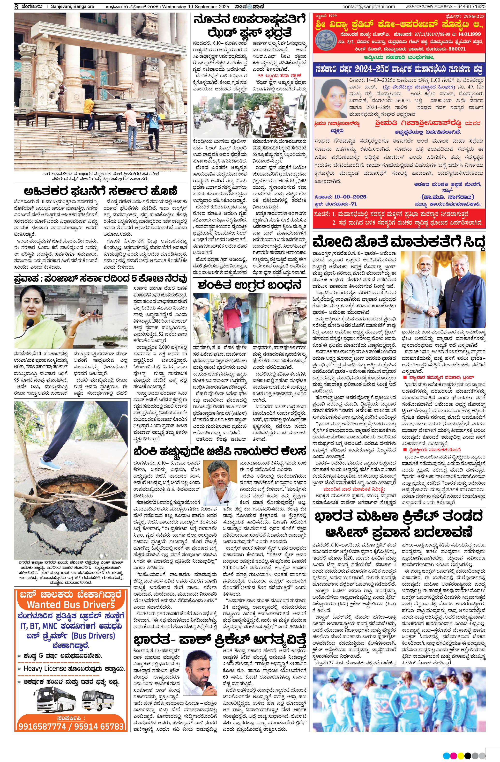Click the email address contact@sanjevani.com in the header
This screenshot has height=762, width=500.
pyautogui.click(x=368, y=6)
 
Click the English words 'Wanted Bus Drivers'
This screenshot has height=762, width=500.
pyautogui.click(x=71, y=605)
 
